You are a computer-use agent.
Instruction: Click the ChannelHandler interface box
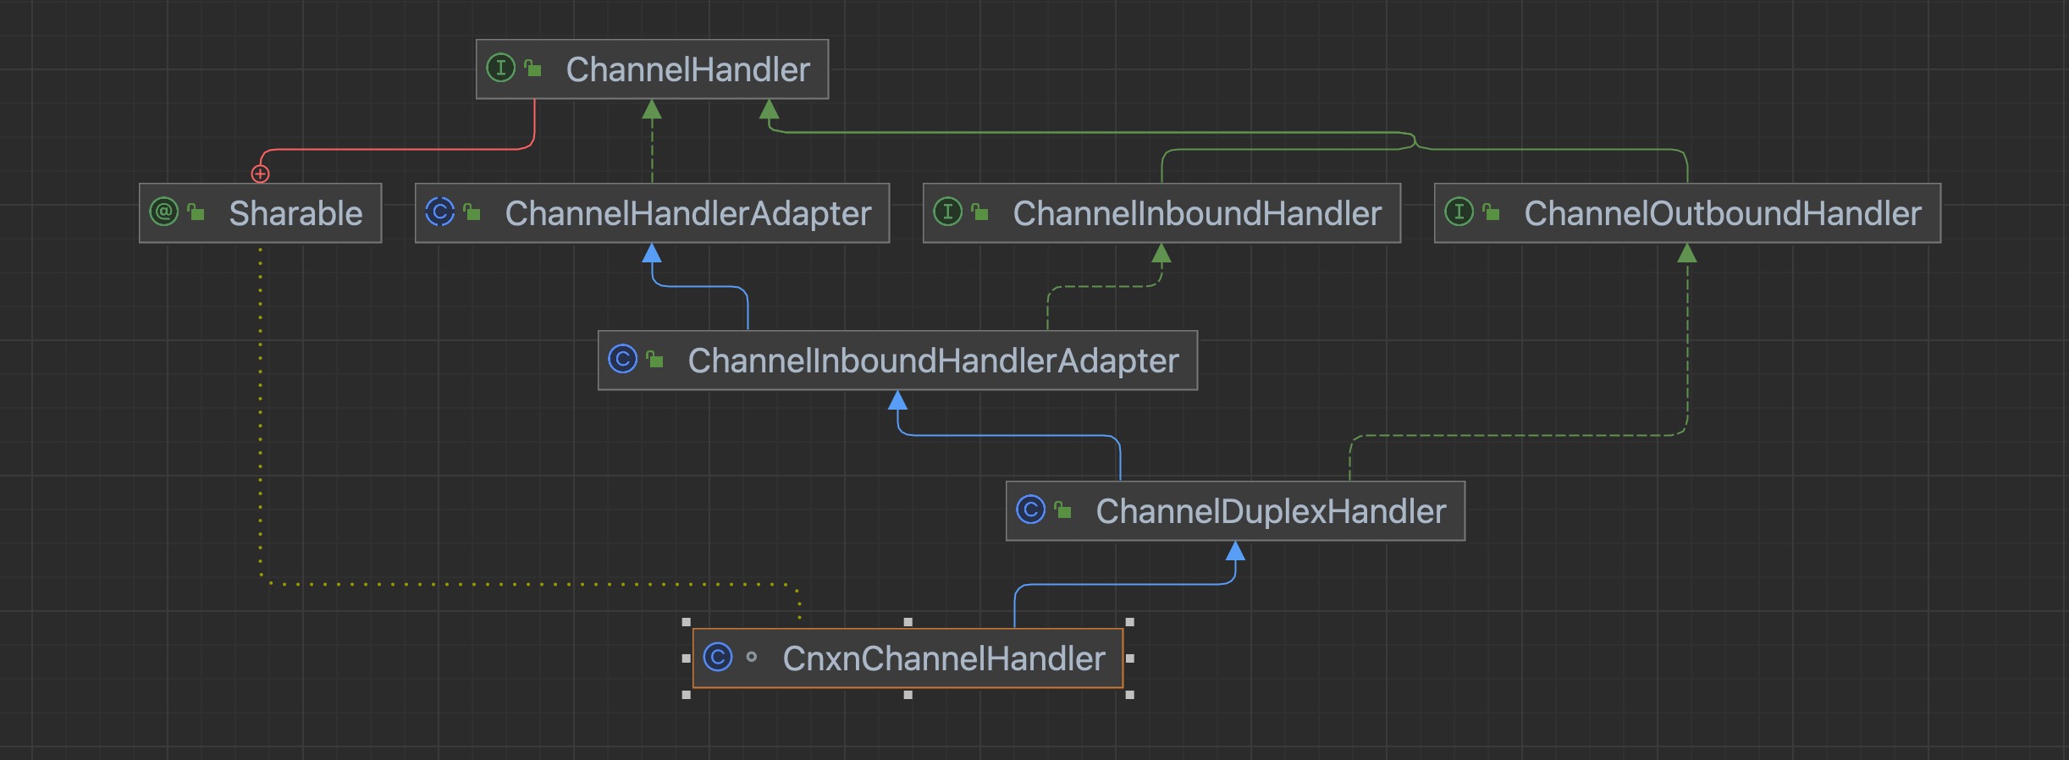(652, 69)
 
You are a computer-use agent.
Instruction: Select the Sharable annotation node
(260, 213)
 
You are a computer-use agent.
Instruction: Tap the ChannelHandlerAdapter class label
(687, 213)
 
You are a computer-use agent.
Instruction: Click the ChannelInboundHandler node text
(1196, 213)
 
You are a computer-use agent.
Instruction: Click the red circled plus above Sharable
(260, 173)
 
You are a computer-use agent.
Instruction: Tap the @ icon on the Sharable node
(163, 212)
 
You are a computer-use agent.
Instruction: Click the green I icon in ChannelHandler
(500, 68)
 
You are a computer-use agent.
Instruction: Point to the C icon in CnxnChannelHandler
(718, 657)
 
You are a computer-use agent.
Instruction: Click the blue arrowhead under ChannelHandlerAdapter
(652, 253)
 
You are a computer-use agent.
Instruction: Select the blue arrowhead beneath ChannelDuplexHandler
(1235, 552)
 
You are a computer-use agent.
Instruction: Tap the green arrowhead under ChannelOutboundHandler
(1687, 253)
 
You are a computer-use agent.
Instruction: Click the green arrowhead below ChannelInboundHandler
(1161, 253)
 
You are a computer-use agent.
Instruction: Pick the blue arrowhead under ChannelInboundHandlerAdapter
(897, 400)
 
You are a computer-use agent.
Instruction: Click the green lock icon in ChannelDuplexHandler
(1063, 509)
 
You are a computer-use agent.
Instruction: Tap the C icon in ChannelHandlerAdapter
(439, 212)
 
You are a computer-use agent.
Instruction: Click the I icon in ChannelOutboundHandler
(1459, 212)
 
